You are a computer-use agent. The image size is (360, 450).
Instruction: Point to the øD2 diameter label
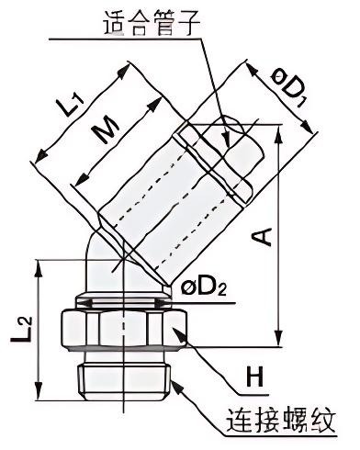[x=204, y=288]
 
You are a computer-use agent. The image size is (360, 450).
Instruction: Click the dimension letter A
[x=262, y=236]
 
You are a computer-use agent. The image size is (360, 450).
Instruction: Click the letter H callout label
[x=255, y=377]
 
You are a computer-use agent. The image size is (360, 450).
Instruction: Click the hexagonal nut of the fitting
[x=124, y=330]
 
